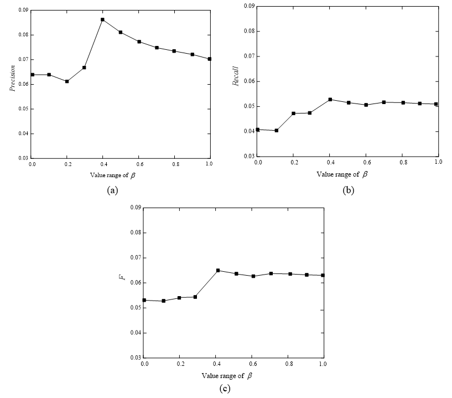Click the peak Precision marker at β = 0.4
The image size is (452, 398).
coord(102,20)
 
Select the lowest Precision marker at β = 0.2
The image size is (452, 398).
coord(67,81)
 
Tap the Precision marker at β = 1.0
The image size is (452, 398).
coord(209,59)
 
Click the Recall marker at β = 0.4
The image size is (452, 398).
coord(330,100)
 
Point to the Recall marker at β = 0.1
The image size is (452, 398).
coord(276,131)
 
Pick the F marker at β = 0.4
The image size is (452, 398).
coord(218,271)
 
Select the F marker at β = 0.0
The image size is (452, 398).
coord(144,300)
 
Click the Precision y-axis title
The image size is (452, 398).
coord(13,79)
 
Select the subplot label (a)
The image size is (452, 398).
coord(112,190)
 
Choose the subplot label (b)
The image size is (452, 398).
coord(349,190)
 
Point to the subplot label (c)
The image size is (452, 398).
coord(225,389)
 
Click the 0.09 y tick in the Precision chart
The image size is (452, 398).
coord(23,10)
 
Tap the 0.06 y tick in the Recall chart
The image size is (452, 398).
coord(249,81)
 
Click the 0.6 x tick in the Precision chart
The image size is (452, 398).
coord(138,164)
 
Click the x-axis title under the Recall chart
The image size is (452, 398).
coord(342,174)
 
